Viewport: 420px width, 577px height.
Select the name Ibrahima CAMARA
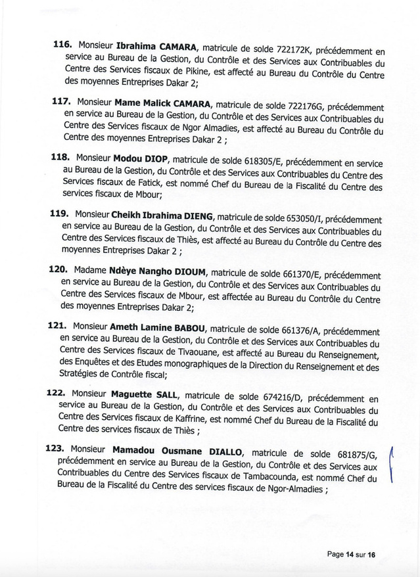(x=157, y=47)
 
